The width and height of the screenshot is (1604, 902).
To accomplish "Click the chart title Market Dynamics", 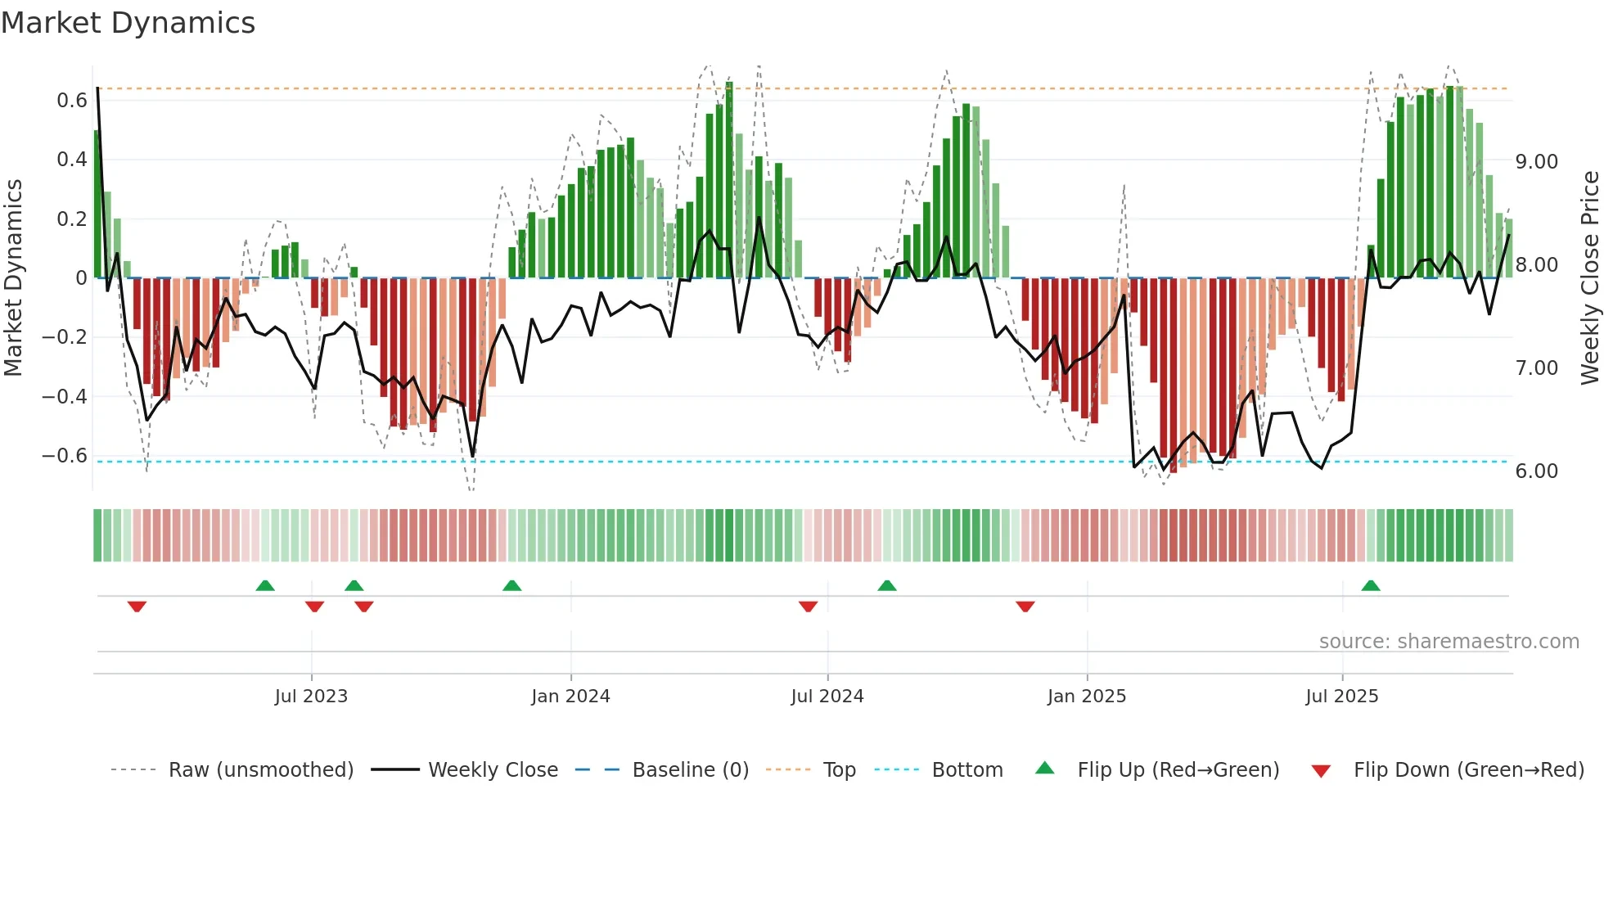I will pos(128,23).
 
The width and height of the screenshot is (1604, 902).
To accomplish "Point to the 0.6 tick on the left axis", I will pos(72,101).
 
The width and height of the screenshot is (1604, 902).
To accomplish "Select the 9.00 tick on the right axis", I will pos(1536,162).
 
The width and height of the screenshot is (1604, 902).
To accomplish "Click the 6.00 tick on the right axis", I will pos(1536,471).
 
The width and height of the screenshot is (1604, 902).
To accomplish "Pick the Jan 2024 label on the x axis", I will pos(570,697).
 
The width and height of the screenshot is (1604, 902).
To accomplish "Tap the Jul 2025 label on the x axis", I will pos(1341,697).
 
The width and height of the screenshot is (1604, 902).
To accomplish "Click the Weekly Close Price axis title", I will pos(1589,277).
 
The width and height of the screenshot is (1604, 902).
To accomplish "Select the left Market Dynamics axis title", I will pos(13,277).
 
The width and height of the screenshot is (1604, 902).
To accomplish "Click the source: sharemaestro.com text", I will pos(1449,642).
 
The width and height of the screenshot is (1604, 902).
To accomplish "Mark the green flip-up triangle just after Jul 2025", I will pos(1371,586).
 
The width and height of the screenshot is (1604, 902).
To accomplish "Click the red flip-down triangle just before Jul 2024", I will pos(808,607).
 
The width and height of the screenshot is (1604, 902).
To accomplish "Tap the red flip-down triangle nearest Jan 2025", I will pos(1025,607).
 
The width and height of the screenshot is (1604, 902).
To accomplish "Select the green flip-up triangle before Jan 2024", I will pos(511,586).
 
